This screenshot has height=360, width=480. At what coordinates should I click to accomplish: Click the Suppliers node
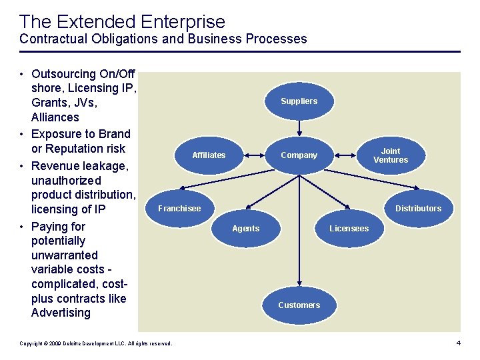click(x=299, y=101)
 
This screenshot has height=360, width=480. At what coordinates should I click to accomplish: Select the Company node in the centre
click(x=299, y=155)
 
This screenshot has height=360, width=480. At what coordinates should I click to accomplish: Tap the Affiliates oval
click(x=209, y=155)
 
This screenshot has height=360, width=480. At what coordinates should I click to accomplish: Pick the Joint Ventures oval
click(x=390, y=155)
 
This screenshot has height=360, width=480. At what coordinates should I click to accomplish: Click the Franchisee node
click(x=179, y=209)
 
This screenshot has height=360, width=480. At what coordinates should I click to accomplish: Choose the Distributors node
click(x=418, y=209)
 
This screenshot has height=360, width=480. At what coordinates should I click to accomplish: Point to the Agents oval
click(x=245, y=229)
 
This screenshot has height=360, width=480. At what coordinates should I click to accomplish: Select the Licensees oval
click(x=349, y=229)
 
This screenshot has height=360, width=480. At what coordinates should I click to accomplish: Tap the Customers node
click(x=299, y=305)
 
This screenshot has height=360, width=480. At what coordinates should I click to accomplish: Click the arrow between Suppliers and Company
click(x=299, y=128)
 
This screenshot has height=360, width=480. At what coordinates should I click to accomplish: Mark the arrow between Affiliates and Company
click(x=254, y=155)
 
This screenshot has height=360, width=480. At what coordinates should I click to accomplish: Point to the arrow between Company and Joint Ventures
click(x=345, y=155)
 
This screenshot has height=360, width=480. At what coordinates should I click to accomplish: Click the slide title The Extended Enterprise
click(x=123, y=22)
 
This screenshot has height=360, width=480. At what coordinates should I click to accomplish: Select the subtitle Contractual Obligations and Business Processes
click(x=163, y=39)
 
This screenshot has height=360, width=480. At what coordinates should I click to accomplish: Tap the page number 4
click(x=458, y=343)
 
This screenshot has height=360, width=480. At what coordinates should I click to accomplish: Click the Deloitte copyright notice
click(x=96, y=343)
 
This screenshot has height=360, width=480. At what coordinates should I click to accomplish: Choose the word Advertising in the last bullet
click(x=61, y=313)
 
